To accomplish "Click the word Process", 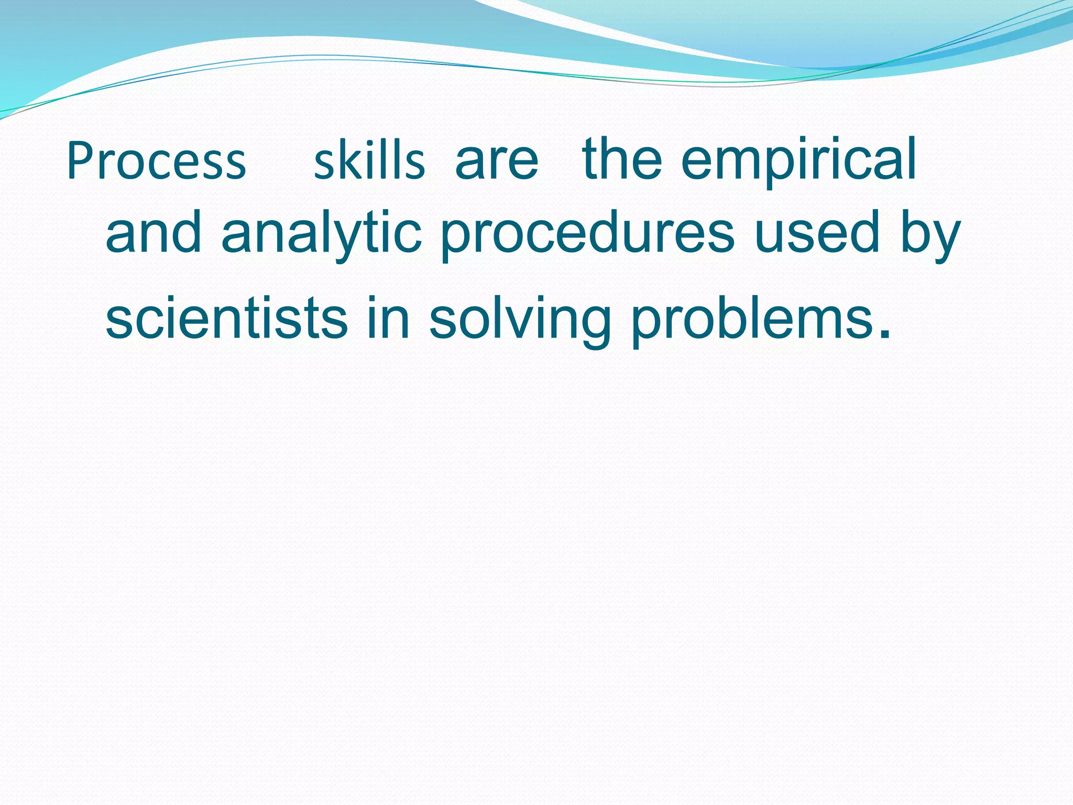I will [x=156, y=161].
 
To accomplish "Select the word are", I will [x=497, y=160].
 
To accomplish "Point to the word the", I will [x=622, y=159].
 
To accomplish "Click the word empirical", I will [x=798, y=160].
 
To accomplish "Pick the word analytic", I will [x=321, y=233].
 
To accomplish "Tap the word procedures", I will [x=587, y=233].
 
